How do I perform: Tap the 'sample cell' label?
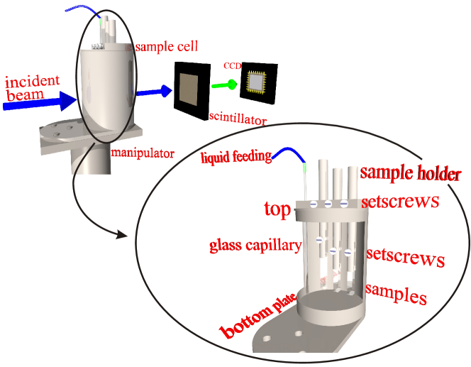pyautogui.click(x=165, y=47)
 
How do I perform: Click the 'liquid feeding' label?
pyautogui.click(x=236, y=155)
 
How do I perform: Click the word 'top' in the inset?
pyautogui.click(x=277, y=209)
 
